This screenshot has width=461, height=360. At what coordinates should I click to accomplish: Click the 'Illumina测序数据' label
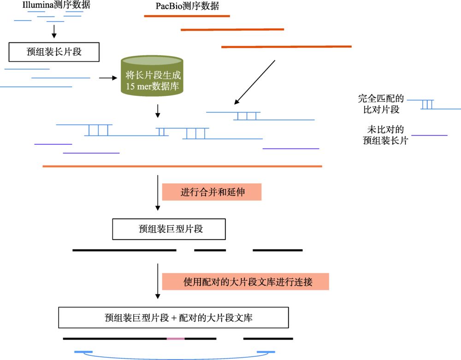(56, 6)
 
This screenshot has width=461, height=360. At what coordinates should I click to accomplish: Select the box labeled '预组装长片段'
(54, 52)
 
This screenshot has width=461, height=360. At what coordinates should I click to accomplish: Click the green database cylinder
(152, 76)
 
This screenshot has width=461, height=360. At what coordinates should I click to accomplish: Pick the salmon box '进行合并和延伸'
(212, 192)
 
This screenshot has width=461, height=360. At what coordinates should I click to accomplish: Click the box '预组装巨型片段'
(169, 229)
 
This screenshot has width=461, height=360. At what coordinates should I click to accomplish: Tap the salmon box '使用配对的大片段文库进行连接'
(245, 281)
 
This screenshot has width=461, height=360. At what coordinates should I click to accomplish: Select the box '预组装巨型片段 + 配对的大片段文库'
(173, 318)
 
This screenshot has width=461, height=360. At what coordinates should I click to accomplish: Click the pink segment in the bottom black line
(176, 338)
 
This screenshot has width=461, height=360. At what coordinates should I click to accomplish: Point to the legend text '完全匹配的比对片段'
(381, 104)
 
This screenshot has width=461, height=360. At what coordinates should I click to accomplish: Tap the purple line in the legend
(429, 136)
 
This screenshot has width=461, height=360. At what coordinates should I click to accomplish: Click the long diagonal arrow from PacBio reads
(254, 82)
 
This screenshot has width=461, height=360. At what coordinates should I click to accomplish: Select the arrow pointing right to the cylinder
(108, 78)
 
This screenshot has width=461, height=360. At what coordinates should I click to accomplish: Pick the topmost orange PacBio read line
(187, 16)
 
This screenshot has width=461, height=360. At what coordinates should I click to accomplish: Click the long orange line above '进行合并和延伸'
(182, 166)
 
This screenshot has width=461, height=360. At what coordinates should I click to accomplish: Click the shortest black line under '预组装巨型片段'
(210, 250)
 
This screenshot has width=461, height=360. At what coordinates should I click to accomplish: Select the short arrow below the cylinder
(158, 111)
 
